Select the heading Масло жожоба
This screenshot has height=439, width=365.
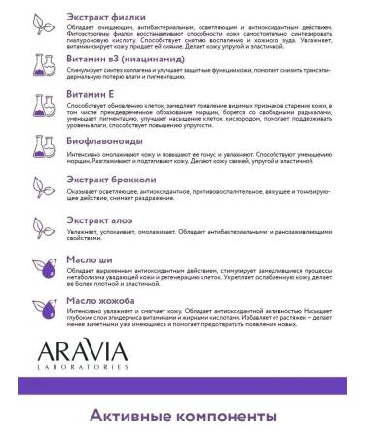tap(99, 301)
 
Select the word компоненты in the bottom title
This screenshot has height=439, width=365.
tap(231, 418)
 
